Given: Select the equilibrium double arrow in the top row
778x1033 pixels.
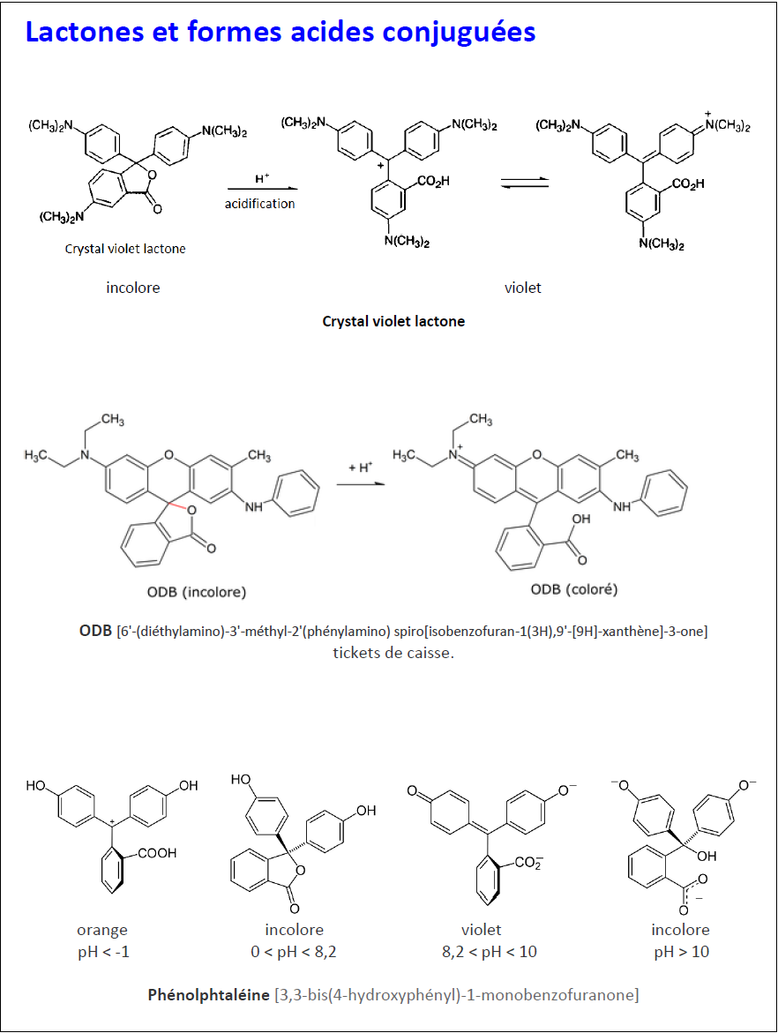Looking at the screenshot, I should coord(524,183).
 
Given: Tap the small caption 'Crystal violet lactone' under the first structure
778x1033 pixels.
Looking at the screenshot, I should coord(125,249).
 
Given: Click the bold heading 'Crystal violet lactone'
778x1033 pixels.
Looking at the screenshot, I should coord(393,321).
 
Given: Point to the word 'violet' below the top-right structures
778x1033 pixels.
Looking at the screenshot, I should coord(523,288).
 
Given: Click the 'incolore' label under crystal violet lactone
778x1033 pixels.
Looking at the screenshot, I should coord(133,288).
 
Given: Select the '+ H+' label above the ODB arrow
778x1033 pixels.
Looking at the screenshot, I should coord(361,468).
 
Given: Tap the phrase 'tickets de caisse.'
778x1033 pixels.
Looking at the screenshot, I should coord(393,654).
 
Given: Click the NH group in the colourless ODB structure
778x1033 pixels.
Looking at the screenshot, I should coord(253,507).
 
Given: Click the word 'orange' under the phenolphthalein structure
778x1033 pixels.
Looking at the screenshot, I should coord(102,930).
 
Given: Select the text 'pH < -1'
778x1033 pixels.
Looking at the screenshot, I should coord(102,952).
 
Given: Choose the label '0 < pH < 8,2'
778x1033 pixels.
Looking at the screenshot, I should coord(294,952).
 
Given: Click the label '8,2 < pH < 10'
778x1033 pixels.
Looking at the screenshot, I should coord(493,952).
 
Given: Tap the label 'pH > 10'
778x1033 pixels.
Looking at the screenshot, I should coord(680,952).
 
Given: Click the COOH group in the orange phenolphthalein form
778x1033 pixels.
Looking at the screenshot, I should coord(156,853).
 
